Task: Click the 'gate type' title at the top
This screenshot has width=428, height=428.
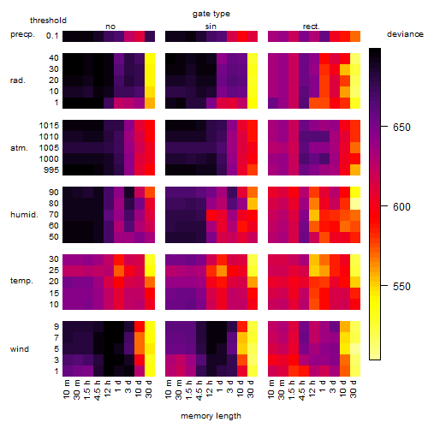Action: pos(211,14)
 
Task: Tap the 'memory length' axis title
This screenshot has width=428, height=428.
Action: pos(211,416)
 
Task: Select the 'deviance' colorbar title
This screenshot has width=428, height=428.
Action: pos(405,34)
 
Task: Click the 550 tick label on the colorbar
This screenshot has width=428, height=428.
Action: pos(401,286)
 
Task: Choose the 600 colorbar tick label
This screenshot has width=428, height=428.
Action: pos(401,206)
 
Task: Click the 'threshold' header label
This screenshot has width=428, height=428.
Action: pos(48,21)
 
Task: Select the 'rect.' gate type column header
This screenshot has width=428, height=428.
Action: pos(311,27)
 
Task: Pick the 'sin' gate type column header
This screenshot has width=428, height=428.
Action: pos(211,27)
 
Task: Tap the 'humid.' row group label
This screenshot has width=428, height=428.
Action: pos(24,215)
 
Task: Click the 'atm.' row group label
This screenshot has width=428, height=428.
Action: pos(19,148)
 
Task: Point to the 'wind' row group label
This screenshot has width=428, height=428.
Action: pos(20,349)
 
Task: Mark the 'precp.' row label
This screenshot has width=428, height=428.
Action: pos(22,34)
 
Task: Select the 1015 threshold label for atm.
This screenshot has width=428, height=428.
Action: pos(49,126)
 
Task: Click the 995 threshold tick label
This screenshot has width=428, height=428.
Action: pos(51,170)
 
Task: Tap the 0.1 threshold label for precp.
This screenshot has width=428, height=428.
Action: pos(52,36)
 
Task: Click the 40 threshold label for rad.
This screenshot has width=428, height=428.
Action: pos(54,58)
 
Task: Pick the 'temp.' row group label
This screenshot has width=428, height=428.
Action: pos(21,281)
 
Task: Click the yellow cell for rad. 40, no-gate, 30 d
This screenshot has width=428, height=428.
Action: pos(150,58)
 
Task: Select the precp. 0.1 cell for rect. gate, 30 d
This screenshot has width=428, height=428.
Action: pos(355,36)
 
